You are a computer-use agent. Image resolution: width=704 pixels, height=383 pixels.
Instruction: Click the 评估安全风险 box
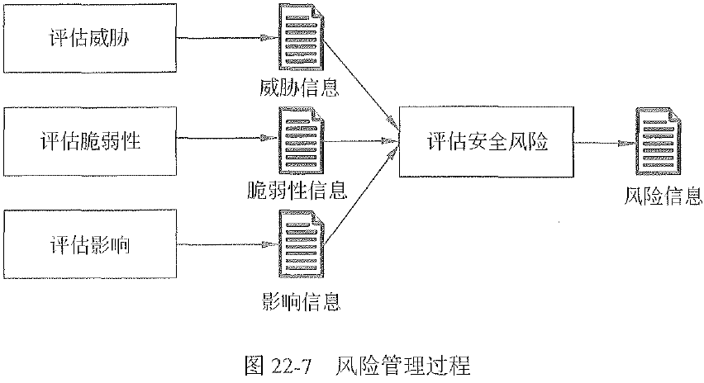click(487, 141)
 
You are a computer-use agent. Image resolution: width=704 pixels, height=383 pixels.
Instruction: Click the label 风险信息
click(662, 196)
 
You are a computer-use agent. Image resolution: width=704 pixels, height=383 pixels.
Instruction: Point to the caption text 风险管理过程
click(402, 364)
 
